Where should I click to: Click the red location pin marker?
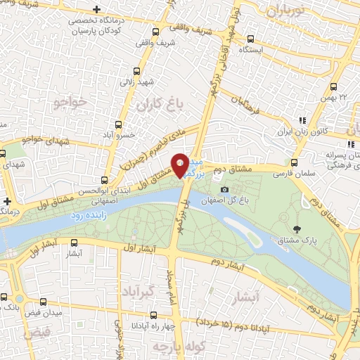click(181, 165)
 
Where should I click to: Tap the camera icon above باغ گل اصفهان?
click(224, 189)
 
